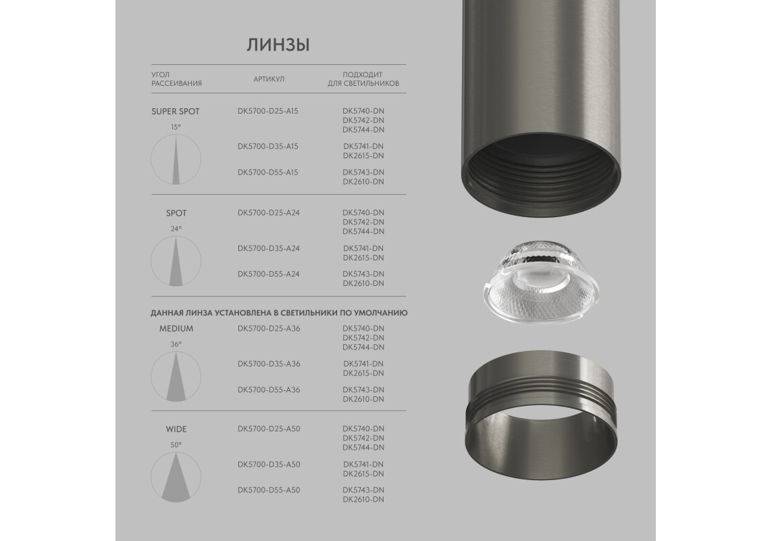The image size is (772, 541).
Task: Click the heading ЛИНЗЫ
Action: [278, 45]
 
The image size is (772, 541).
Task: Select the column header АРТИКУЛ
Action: [269, 79]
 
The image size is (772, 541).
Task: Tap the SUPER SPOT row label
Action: [176, 112]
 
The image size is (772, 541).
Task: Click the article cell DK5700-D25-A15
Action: [268, 111]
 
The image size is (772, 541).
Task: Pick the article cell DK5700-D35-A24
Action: [268, 248]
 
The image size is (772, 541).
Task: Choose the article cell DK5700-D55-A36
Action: [268, 390]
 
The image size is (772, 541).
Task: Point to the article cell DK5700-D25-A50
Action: [268, 429]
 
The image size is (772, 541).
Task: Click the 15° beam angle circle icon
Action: [176, 160]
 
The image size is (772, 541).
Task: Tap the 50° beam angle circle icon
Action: [176, 477]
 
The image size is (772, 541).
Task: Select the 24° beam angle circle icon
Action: [176, 261]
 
